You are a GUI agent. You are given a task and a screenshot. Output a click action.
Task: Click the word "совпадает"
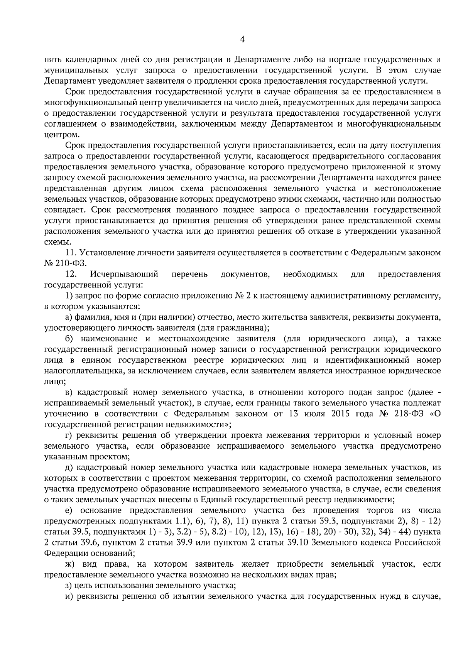pyautogui.click(x=64, y=210)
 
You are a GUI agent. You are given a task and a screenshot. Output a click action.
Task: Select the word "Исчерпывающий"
pyautogui.click(x=124, y=274)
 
